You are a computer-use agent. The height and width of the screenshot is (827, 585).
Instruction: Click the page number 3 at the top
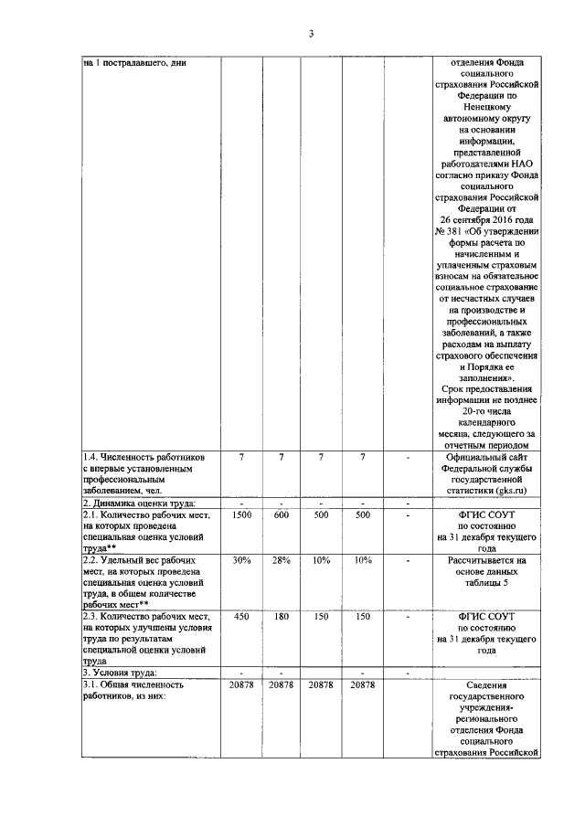[311, 34]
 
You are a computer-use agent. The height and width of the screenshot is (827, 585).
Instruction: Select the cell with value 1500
[241, 516]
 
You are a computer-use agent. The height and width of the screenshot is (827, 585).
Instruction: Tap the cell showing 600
[282, 516]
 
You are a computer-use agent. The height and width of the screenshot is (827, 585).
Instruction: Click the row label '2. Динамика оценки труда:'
[139, 504]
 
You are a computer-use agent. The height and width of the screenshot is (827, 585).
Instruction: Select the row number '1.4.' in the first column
[92, 456]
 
